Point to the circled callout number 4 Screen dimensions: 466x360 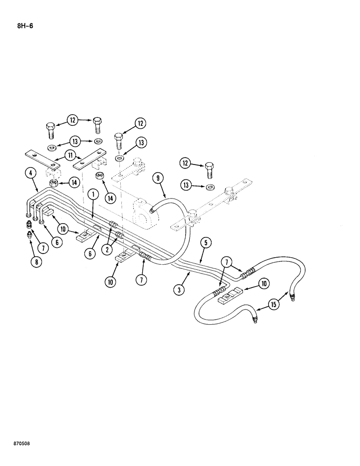click(x=31, y=174)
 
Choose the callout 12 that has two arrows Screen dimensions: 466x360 click(x=73, y=120)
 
